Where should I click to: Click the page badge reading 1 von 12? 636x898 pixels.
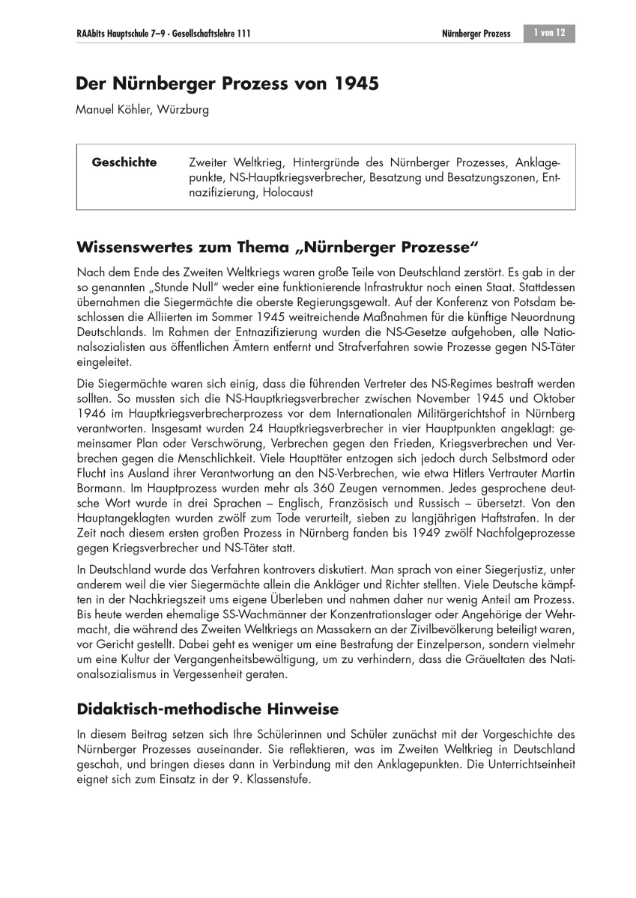point(548,34)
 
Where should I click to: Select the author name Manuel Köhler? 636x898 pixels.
point(112,110)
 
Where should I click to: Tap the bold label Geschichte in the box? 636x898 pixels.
point(124,162)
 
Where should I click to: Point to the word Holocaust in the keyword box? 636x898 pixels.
point(284,192)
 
